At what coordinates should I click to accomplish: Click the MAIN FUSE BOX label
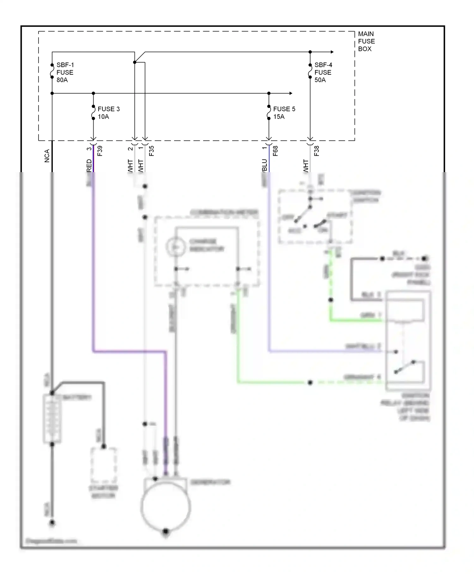click(x=366, y=41)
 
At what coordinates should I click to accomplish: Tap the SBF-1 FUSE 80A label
click(x=65, y=72)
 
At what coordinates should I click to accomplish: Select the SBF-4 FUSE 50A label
click(x=323, y=72)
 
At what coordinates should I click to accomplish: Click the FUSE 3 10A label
click(x=108, y=113)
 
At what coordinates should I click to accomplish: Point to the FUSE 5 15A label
click(x=284, y=113)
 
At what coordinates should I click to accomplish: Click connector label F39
click(x=100, y=151)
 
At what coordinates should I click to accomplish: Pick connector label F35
click(x=151, y=151)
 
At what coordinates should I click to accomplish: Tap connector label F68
click(x=275, y=151)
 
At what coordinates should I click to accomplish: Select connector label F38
click(x=317, y=151)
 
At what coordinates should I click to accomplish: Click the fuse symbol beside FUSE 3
click(x=93, y=112)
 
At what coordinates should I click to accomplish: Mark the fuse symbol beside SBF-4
click(x=310, y=71)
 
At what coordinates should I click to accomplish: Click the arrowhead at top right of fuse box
click(x=332, y=52)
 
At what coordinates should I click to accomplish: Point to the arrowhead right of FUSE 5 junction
click(x=290, y=93)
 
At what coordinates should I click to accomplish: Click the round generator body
click(x=166, y=507)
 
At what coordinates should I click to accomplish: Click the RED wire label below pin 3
click(x=89, y=165)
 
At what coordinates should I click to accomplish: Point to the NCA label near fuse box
click(x=47, y=156)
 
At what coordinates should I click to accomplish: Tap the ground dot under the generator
click(x=166, y=531)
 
